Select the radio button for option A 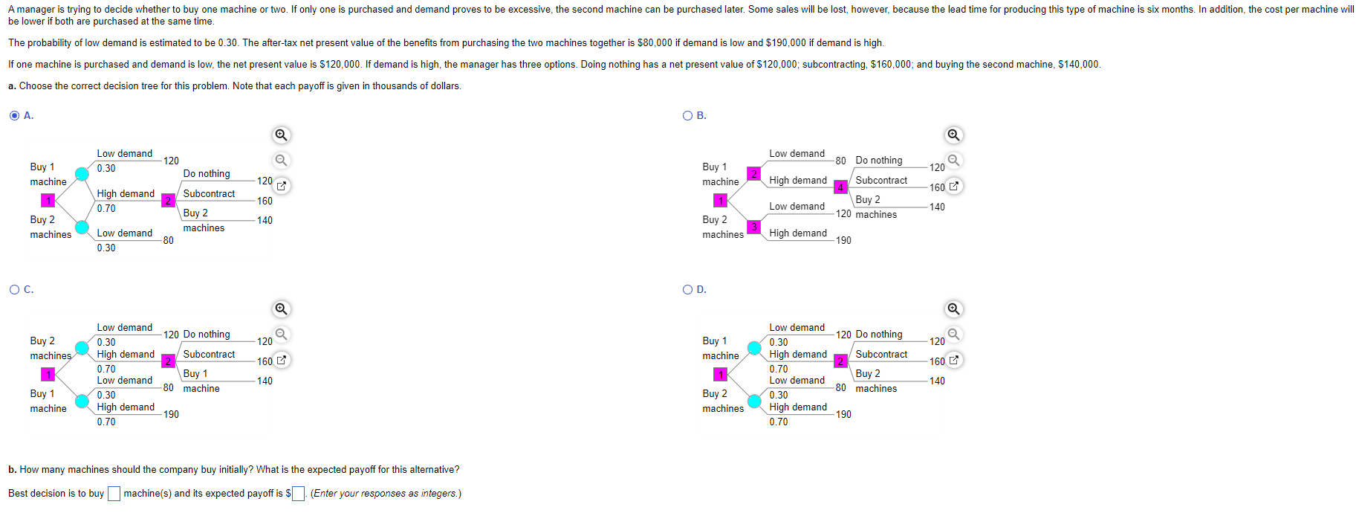14,115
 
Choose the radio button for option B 687,115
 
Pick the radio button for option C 14,289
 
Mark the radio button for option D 687,289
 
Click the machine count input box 114,494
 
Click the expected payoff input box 298,494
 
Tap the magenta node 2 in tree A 169,201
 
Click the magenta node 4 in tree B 840,187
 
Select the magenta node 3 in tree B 753,227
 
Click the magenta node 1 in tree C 48,375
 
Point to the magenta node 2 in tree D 840,361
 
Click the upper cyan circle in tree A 82,174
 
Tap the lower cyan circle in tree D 754,401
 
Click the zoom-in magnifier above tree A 281,135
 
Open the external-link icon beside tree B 954,186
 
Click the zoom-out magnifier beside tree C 281,334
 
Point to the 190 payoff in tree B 843,240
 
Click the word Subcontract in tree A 209,193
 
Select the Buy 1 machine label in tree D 721,348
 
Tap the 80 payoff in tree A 169,240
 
